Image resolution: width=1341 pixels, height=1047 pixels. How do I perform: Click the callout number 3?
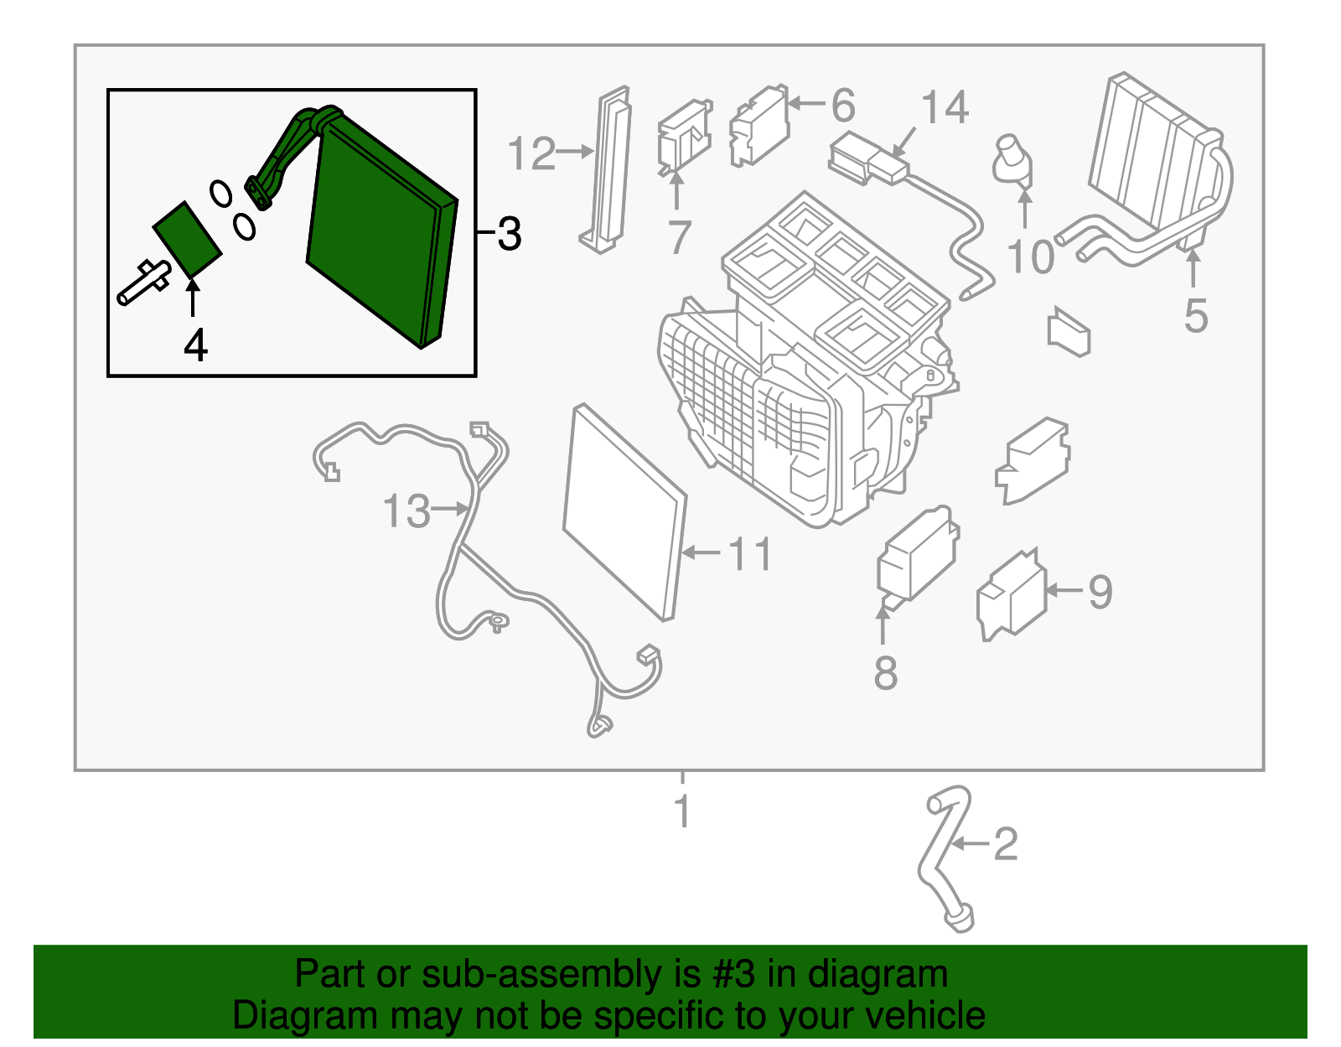tap(509, 234)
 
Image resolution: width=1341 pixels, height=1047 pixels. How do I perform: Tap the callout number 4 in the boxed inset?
tap(195, 345)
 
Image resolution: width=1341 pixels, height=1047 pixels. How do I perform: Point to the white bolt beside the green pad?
tap(143, 282)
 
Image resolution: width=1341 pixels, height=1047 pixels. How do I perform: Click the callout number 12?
tap(531, 154)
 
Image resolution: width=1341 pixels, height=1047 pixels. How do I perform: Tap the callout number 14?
tap(945, 108)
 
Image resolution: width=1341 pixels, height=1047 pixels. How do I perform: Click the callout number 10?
tap(1030, 257)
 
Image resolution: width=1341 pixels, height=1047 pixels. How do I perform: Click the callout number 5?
tap(1196, 316)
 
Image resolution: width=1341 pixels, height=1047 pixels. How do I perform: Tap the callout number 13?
tap(406, 511)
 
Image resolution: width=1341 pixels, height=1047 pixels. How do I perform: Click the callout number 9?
tap(1100, 591)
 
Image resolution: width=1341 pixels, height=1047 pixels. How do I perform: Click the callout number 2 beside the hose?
tap(1005, 844)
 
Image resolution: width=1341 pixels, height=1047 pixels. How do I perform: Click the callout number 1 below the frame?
tap(683, 811)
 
